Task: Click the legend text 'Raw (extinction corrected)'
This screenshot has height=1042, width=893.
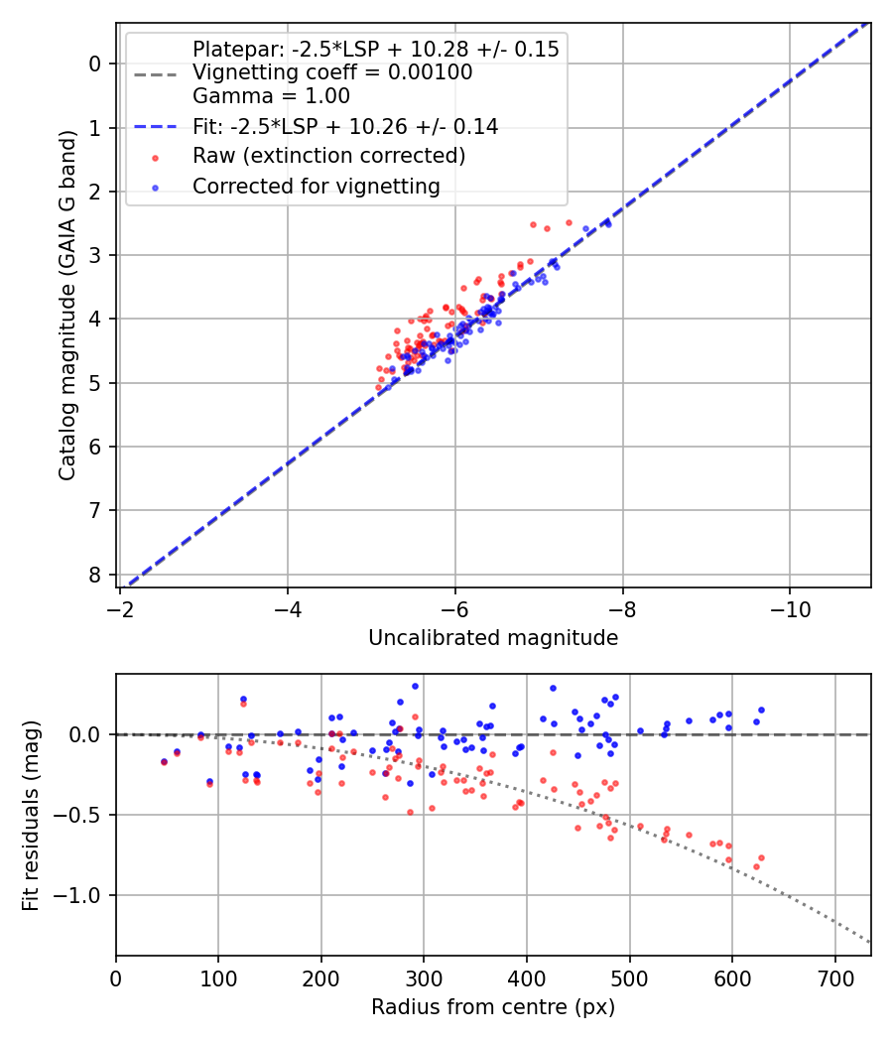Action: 328,156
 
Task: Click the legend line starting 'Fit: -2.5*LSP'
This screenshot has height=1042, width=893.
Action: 344,127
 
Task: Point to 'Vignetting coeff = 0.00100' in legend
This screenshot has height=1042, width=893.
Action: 332,72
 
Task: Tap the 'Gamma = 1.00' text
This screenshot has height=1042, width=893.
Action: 271,96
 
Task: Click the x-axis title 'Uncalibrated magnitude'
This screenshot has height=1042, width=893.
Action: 493,638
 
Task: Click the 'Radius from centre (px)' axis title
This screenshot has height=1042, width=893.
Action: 493,1007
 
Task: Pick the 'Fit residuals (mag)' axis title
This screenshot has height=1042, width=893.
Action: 31,816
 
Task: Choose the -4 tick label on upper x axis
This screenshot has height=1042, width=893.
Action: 288,603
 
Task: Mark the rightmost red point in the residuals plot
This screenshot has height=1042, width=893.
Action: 761,857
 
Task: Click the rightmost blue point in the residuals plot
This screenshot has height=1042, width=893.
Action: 761,710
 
